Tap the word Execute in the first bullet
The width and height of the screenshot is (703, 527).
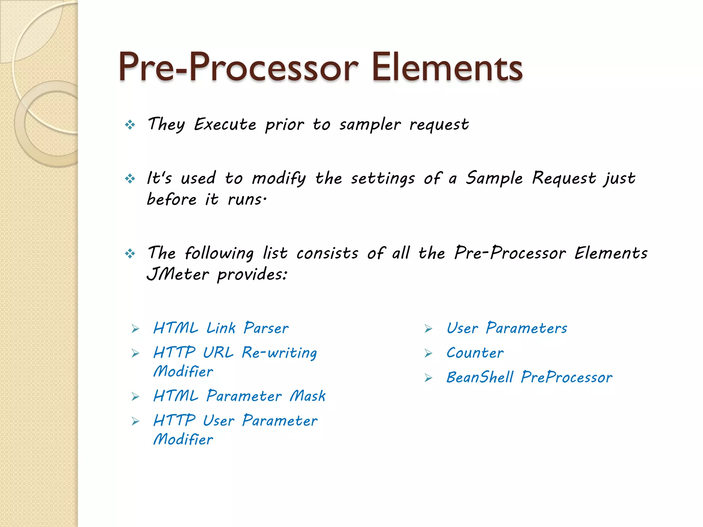point(225,124)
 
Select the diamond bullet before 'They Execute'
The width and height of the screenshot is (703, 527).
point(130,125)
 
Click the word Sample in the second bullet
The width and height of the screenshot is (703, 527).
point(494,178)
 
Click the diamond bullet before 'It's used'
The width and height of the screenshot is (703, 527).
point(130,178)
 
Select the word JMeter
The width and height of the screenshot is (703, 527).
point(177,274)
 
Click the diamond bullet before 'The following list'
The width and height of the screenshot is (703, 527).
point(130,254)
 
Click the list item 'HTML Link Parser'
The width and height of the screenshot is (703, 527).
point(221,328)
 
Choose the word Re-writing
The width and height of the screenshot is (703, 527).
point(279,353)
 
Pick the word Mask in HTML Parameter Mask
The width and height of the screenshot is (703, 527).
point(308,396)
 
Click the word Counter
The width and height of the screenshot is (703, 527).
point(475,353)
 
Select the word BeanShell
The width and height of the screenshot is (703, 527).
point(480,378)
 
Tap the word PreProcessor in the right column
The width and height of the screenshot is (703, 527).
point(566,378)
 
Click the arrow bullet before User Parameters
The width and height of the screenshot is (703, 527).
point(428,329)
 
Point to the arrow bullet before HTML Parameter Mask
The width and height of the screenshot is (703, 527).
point(136,397)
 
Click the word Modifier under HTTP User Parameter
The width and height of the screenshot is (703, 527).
point(183,440)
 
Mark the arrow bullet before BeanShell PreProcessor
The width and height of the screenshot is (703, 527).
point(428,378)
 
